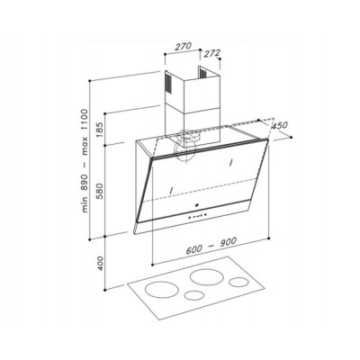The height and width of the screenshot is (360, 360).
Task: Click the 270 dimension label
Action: (x=183, y=46)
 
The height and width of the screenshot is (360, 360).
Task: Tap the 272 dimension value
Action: (x=212, y=53)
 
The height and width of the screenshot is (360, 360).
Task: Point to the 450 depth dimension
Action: (x=279, y=125)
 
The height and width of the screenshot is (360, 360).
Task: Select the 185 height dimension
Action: (x=100, y=129)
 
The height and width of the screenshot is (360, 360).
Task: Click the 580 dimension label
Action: (x=100, y=191)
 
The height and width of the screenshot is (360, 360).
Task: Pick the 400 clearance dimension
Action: (x=101, y=263)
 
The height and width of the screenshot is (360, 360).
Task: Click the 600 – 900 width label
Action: (x=211, y=246)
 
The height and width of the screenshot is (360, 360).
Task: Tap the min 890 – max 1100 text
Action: (x=85, y=161)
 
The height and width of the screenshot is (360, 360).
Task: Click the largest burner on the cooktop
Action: (x=204, y=277)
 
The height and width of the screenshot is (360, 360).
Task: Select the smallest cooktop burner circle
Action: (x=194, y=295)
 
